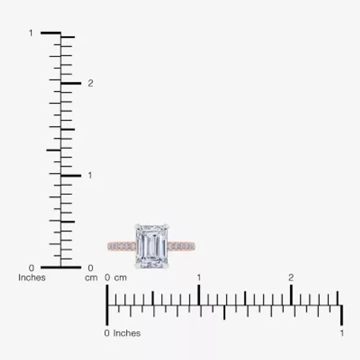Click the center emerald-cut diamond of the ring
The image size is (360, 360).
coord(152,246)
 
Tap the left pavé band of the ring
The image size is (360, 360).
coord(121,246)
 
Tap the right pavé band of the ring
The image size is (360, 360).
coord(181,246)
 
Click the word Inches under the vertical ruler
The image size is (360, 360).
coord(32,278)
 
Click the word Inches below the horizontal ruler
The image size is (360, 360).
coord(127,333)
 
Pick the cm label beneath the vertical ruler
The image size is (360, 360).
coord(91,278)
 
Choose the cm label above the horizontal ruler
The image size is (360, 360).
coord(121,278)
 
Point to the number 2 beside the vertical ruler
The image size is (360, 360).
coord(90,83)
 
